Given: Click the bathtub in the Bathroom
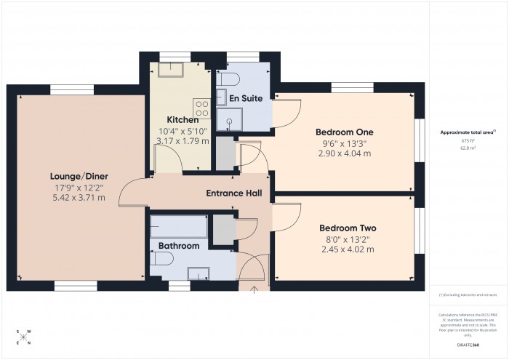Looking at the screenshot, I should pyautogui.click(x=179, y=227).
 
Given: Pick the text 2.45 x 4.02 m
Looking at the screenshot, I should pyautogui.click(x=347, y=249).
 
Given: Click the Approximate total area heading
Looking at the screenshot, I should pyautogui.click(x=468, y=132).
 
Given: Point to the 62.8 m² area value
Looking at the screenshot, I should pyautogui.click(x=468, y=147).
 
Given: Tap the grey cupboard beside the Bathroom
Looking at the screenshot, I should pyautogui.click(x=224, y=228).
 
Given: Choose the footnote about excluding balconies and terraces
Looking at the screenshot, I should pyautogui.click(x=468, y=295).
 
